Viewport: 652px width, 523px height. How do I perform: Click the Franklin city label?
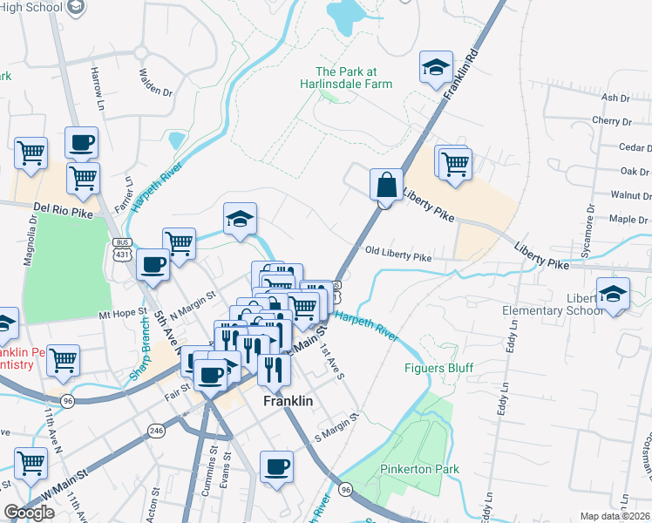[x=288, y=402]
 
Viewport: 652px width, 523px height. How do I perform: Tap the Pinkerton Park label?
[x=419, y=470]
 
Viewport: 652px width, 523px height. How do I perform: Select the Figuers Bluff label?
[x=438, y=368]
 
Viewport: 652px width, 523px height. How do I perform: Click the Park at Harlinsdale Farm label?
[x=354, y=78]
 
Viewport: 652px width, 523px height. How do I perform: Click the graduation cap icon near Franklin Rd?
[x=434, y=67]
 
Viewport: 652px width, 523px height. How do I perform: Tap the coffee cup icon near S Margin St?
[x=277, y=468]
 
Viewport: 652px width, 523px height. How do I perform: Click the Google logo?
[x=30, y=513]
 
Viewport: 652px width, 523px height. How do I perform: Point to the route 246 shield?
[x=157, y=431]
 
